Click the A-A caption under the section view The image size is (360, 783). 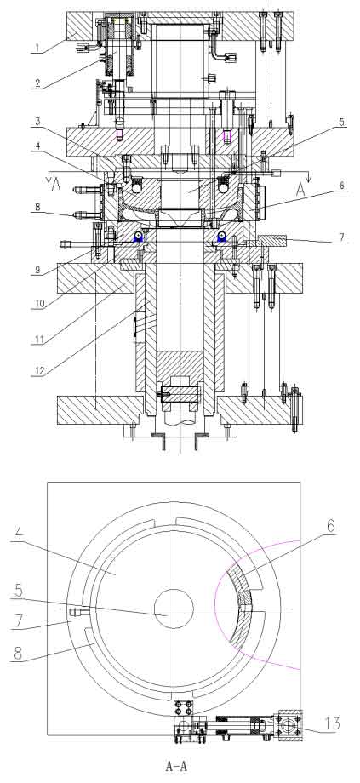[x=176, y=765]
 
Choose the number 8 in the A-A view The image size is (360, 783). [x=18, y=654]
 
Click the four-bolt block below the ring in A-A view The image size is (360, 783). [x=183, y=708]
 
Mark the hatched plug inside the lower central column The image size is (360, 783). [x=180, y=367]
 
